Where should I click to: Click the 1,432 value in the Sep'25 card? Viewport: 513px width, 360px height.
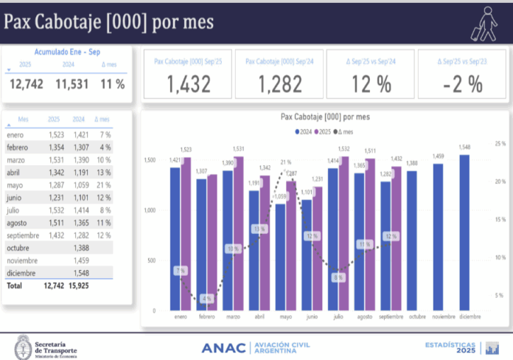point(189,83)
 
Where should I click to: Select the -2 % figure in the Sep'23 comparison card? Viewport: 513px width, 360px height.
point(462,83)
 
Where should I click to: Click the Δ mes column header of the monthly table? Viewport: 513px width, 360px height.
point(103,120)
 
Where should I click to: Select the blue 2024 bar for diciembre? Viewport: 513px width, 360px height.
point(464,232)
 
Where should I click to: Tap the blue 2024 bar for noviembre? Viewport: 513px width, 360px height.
point(438,237)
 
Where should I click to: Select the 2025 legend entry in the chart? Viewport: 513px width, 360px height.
point(324,131)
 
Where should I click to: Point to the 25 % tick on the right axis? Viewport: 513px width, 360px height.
point(500,143)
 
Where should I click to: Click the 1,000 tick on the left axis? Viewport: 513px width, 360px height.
point(149,210)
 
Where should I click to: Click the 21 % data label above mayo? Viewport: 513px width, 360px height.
point(285,162)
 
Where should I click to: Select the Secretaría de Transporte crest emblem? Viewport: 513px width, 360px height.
point(23,347)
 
